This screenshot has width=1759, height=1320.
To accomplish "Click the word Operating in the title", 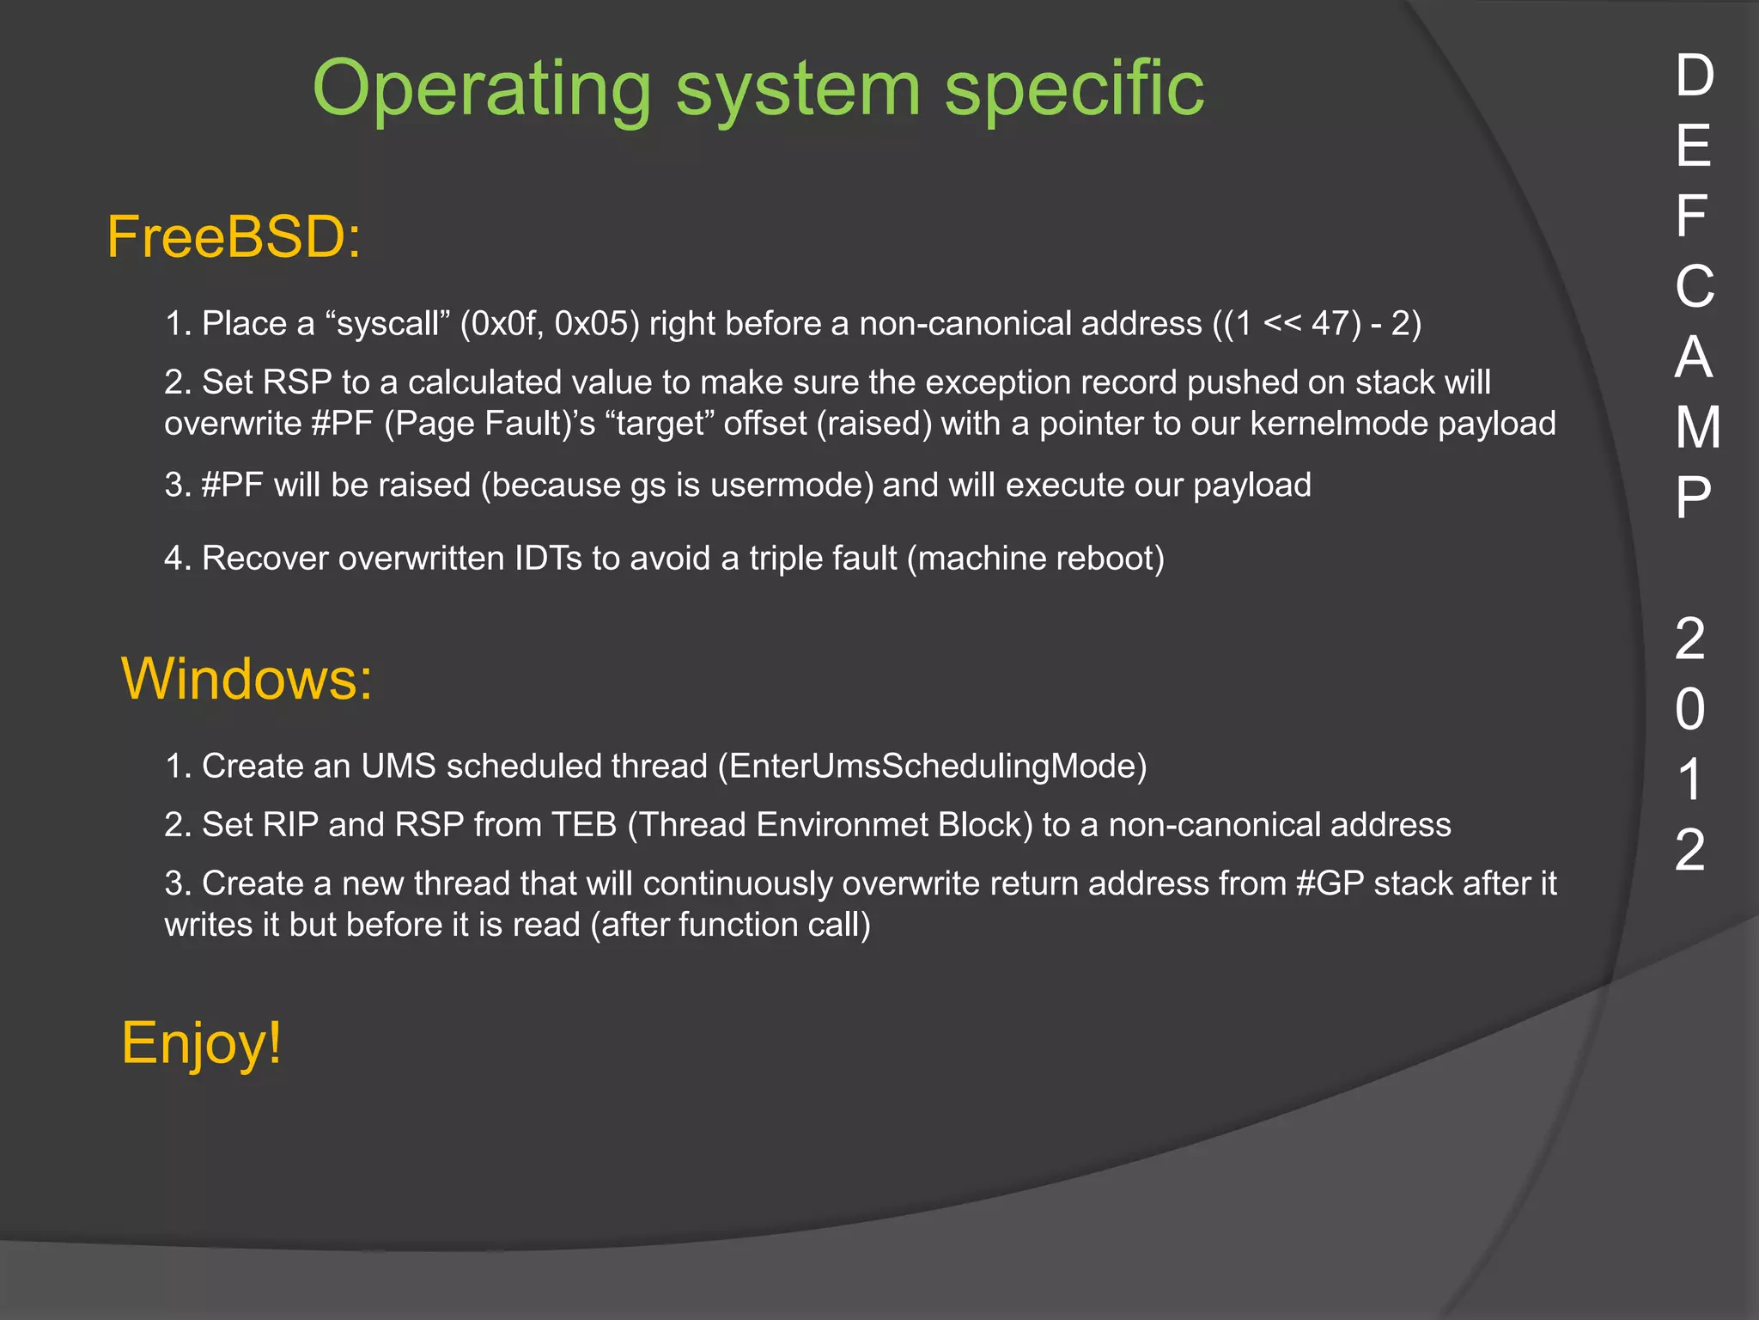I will coord(482,89).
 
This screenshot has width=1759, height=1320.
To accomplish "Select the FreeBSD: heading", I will coord(234,237).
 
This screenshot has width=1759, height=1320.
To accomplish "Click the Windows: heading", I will coord(247,679).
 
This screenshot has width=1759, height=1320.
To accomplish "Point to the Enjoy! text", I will coord(201,1043).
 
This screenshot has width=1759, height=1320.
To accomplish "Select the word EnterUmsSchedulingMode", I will coord(933,766).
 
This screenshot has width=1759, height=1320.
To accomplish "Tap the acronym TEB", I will coord(584,825).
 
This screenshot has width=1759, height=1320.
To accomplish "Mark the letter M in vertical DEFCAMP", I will coord(1697,427).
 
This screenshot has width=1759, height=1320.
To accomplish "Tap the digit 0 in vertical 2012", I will coord(1690,710).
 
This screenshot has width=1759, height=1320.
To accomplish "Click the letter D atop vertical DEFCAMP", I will coord(1695,76).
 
